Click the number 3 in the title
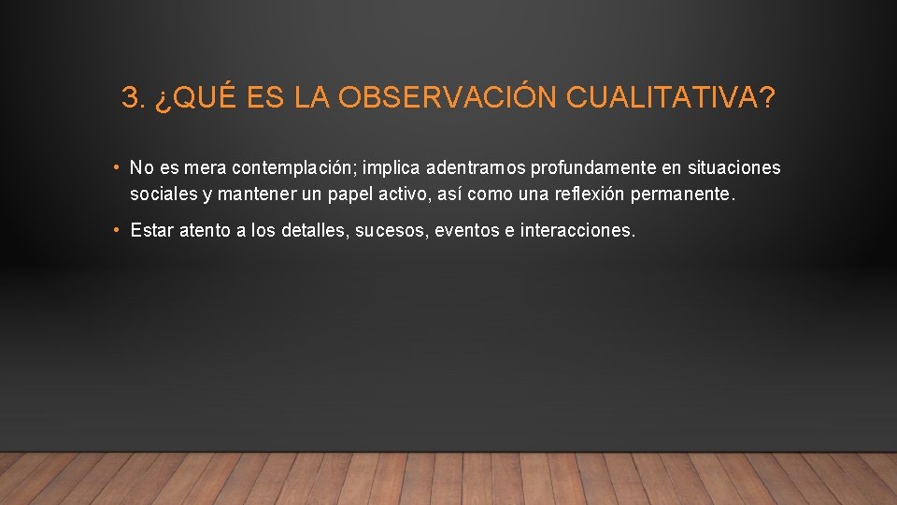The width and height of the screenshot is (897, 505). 129,98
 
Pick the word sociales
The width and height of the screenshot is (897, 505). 164,195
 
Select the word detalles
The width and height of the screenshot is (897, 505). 317,230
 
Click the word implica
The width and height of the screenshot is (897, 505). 392,168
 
